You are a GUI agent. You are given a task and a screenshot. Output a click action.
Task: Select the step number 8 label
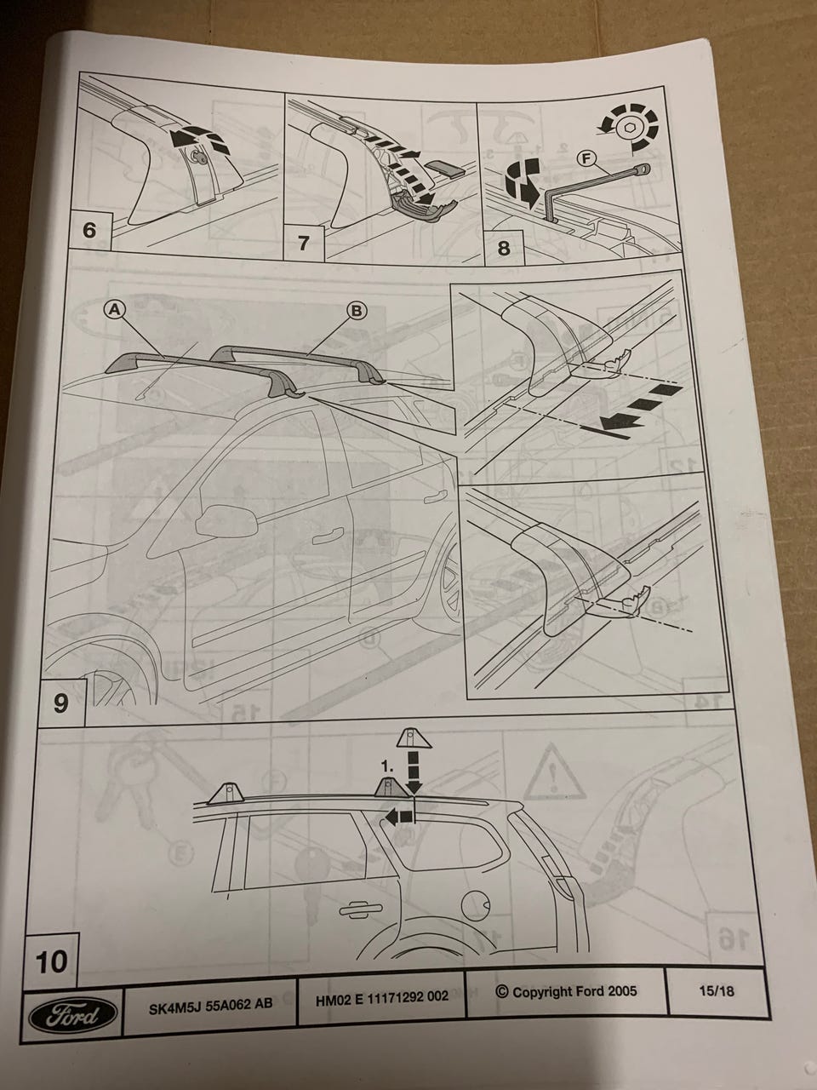point(504,247)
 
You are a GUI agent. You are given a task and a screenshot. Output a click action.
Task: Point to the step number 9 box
point(62,703)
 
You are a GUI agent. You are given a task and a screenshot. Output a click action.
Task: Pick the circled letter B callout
point(357,311)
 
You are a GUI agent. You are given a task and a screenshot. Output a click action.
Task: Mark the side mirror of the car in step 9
point(227,521)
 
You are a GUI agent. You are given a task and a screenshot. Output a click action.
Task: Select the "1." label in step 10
point(387,766)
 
